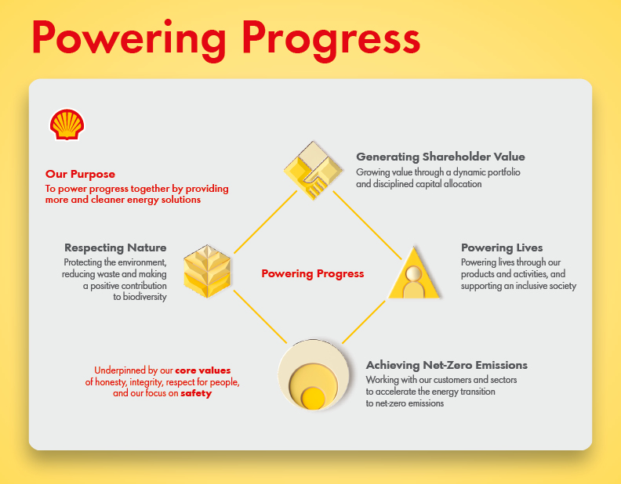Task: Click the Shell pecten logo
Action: pyautogui.click(x=67, y=125)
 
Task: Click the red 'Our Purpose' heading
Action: pyautogui.click(x=80, y=174)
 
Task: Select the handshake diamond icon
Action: pyautogui.click(x=314, y=170)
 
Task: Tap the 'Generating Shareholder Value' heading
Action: pyautogui.click(x=441, y=157)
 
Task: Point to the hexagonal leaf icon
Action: pyautogui.click(x=207, y=271)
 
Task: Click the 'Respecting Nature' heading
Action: pyautogui.click(x=115, y=247)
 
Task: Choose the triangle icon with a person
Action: pyautogui.click(x=414, y=273)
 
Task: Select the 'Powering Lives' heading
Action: pyautogui.click(x=502, y=247)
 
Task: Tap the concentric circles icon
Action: pyautogui.click(x=314, y=374)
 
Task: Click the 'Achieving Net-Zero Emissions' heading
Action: pyautogui.click(x=447, y=365)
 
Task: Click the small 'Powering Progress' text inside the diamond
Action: pyautogui.click(x=313, y=273)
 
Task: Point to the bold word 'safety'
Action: pyautogui.click(x=196, y=393)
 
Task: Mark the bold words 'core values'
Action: pyautogui.click(x=203, y=370)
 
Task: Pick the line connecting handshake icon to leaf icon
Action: pyautogui.click(x=265, y=222)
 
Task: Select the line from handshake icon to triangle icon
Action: pyautogui.click(x=367, y=225)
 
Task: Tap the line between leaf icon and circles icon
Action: pyautogui.click(x=260, y=316)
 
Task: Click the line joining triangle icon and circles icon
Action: pyautogui.click(x=364, y=322)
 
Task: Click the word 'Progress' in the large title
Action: pyautogui.click(x=331, y=38)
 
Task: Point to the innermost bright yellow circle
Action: pyautogui.click(x=314, y=398)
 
